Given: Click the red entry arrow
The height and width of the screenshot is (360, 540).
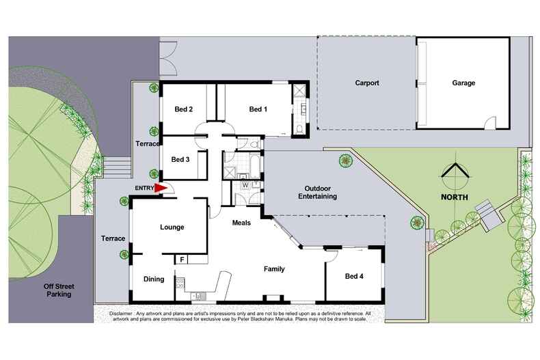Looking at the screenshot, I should [161, 189].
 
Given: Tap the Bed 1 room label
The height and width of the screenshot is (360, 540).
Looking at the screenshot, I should [258, 109].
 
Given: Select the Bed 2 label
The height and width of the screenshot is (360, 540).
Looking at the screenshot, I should [183, 109].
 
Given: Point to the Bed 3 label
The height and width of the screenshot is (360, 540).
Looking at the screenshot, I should [180, 160].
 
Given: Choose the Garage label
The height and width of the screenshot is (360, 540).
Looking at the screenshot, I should [463, 83].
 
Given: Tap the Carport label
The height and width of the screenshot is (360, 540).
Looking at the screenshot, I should [367, 83].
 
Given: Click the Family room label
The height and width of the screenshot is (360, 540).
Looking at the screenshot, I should [274, 269].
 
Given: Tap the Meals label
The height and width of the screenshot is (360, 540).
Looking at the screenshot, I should [241, 223].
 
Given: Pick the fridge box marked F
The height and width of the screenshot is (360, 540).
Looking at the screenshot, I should [183, 260].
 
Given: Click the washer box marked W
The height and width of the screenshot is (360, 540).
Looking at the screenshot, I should [244, 184].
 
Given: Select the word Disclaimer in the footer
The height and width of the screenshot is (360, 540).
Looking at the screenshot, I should [124, 313].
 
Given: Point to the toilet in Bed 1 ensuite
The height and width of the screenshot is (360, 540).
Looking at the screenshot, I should [300, 129].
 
